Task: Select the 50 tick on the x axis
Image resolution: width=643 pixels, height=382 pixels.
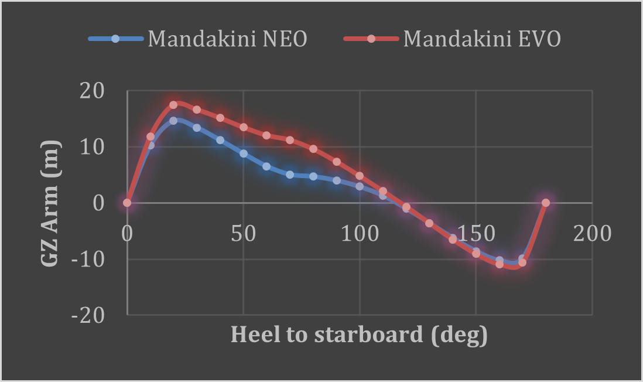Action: (x=243, y=233)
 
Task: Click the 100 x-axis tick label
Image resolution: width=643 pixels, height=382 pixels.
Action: (x=360, y=233)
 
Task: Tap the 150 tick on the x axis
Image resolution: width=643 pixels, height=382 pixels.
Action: (x=476, y=233)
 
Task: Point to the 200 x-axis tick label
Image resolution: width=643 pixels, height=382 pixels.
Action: (x=592, y=233)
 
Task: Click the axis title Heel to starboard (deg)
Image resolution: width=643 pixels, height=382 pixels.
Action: (x=359, y=335)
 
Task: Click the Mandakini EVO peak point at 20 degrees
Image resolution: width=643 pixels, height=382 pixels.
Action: (x=173, y=105)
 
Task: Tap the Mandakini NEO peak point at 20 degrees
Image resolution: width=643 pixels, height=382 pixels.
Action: (x=173, y=121)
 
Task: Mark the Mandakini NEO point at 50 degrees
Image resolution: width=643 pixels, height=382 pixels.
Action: (x=243, y=154)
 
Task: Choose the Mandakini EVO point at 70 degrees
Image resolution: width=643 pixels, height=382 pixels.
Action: (x=290, y=140)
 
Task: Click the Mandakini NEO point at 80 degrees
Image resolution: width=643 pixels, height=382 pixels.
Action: (x=313, y=176)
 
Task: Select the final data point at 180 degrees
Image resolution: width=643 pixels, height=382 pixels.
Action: (x=546, y=203)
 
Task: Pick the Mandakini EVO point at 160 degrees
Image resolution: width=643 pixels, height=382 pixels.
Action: (x=500, y=264)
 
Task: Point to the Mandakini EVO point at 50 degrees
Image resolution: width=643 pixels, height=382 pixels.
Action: (x=243, y=127)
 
